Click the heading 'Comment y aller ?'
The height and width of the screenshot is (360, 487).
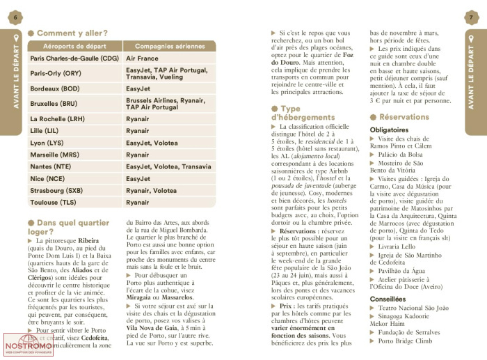pyautogui.click(x=72, y=33)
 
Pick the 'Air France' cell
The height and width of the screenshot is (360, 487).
pyautogui.click(x=143, y=59)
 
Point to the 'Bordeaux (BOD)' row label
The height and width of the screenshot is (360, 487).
pyautogui.click(x=55, y=89)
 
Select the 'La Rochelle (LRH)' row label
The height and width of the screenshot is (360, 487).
pyautogui.click(x=58, y=119)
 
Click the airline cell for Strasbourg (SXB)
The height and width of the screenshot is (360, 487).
pyautogui.click(x=152, y=190)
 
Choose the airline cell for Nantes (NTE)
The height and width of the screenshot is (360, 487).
pyautogui.click(x=168, y=167)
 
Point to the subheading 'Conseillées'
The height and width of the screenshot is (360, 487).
pyautogui.click(x=388, y=299)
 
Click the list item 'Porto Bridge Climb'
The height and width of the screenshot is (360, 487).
pyautogui.click(x=409, y=341)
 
